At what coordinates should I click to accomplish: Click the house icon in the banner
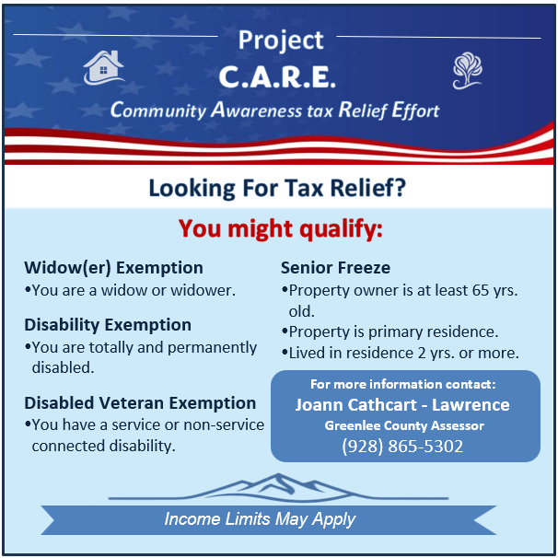[x=103, y=67]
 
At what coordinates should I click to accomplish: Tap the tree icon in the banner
[x=467, y=71]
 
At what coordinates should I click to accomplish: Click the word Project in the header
[x=281, y=41]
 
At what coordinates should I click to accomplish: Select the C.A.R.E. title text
[x=277, y=76]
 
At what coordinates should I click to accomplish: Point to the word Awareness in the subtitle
[x=257, y=110]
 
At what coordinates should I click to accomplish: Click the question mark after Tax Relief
[x=400, y=187]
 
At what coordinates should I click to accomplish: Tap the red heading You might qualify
[x=281, y=228]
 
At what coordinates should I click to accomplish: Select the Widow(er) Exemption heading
[x=113, y=268]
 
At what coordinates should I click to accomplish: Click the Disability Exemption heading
[x=108, y=325]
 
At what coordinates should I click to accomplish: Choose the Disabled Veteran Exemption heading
[x=140, y=403]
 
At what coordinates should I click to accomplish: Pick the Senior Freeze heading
[x=335, y=268]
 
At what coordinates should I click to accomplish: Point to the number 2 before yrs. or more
[x=422, y=353]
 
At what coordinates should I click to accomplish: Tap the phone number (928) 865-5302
[x=402, y=447]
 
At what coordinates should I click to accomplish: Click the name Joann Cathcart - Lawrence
[x=402, y=405]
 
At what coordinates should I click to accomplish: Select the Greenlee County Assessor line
[x=404, y=425]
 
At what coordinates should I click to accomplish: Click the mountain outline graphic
[x=278, y=487]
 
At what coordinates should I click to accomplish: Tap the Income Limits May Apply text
[x=260, y=519]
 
